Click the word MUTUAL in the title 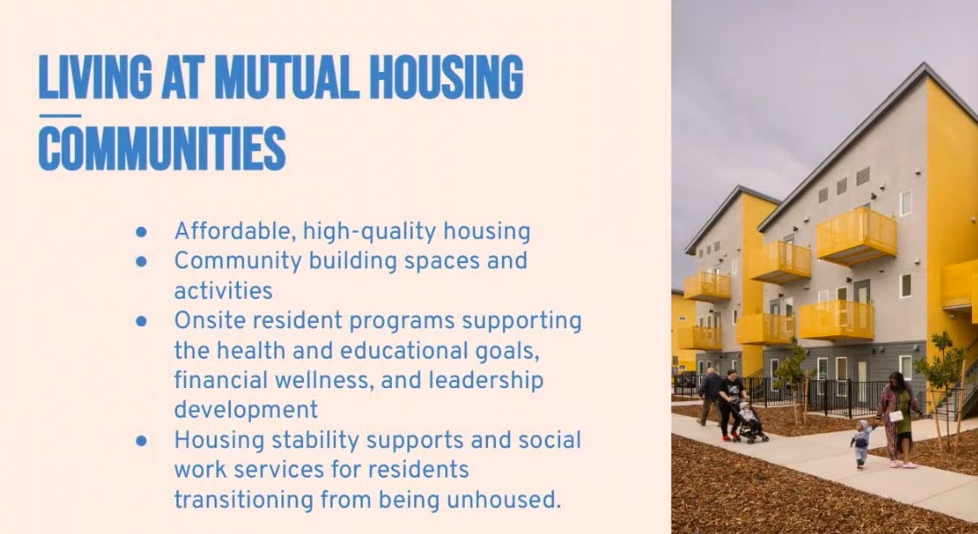pyautogui.click(x=287, y=76)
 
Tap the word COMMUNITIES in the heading pyautogui.click(x=162, y=148)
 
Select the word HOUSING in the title pyautogui.click(x=446, y=76)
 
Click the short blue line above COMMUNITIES pyautogui.click(x=60, y=115)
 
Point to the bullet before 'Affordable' pyautogui.click(x=142, y=232)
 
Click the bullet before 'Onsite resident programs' pyautogui.click(x=142, y=321)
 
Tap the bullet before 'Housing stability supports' pyautogui.click(x=142, y=441)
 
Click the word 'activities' pyautogui.click(x=223, y=291)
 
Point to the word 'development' pyautogui.click(x=246, y=411)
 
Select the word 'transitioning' pyautogui.click(x=244, y=500)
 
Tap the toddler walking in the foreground pyautogui.click(x=862, y=443)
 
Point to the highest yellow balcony pyautogui.click(x=856, y=235)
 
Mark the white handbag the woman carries pyautogui.click(x=895, y=416)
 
